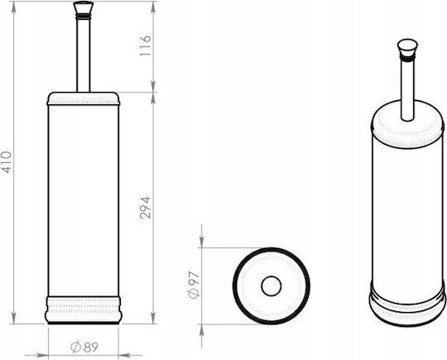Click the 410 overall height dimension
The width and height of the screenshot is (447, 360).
click(7, 162)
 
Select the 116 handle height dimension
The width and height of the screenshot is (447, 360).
click(145, 46)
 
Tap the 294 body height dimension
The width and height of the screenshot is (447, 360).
click(145, 208)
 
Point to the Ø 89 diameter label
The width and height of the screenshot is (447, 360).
click(84, 347)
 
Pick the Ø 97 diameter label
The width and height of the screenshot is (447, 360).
click(194, 285)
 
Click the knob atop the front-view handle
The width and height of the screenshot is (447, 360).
click(84, 8)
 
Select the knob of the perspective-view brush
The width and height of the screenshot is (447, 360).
click(407, 47)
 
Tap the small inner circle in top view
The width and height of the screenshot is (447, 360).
click(272, 286)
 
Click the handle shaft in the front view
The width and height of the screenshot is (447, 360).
click(84, 54)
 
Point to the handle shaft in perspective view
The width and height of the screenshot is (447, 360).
click(407, 89)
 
